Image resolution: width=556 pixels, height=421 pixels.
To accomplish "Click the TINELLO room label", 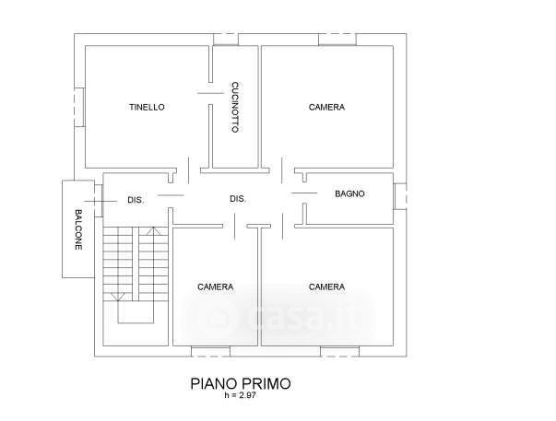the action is pyautogui.click(x=147, y=107).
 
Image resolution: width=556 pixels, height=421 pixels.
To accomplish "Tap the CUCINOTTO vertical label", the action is pyautogui.click(x=235, y=108).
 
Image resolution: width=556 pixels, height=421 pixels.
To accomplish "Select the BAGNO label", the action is pyautogui.click(x=349, y=193).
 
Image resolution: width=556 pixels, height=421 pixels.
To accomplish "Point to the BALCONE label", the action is pyautogui.click(x=78, y=229).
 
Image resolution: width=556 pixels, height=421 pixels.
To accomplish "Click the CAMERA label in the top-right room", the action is pyautogui.click(x=326, y=107).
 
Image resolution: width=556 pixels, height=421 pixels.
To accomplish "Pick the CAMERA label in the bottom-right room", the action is pyautogui.click(x=326, y=287).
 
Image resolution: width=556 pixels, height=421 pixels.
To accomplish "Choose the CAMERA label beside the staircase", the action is pyautogui.click(x=215, y=287).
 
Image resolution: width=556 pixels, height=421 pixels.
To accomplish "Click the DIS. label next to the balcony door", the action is pyautogui.click(x=136, y=200).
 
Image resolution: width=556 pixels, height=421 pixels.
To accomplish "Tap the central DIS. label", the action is pyautogui.click(x=238, y=199).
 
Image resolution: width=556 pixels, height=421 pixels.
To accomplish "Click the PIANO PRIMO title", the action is pyautogui.click(x=241, y=384).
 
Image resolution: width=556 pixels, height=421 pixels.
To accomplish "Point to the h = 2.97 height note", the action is pyautogui.click(x=240, y=395).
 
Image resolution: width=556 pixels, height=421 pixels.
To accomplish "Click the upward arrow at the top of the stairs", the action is pyautogui.click(x=154, y=231).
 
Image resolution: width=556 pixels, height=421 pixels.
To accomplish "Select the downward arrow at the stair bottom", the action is pyautogui.click(x=118, y=298).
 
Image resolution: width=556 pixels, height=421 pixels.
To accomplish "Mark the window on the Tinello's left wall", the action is pyautogui.click(x=79, y=107).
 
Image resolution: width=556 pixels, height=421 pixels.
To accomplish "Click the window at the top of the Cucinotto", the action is pyautogui.click(x=226, y=40).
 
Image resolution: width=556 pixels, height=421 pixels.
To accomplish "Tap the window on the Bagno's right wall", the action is pyautogui.click(x=400, y=196).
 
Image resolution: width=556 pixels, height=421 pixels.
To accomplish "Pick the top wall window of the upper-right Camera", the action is pyautogui.click(x=337, y=40).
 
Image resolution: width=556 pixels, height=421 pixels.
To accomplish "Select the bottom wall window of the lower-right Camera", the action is pyautogui.click(x=339, y=352).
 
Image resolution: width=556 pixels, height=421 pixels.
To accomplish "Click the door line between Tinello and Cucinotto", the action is pyautogui.click(x=210, y=93).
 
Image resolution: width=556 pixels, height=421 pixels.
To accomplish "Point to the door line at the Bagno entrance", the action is pyautogui.click(x=304, y=193).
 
